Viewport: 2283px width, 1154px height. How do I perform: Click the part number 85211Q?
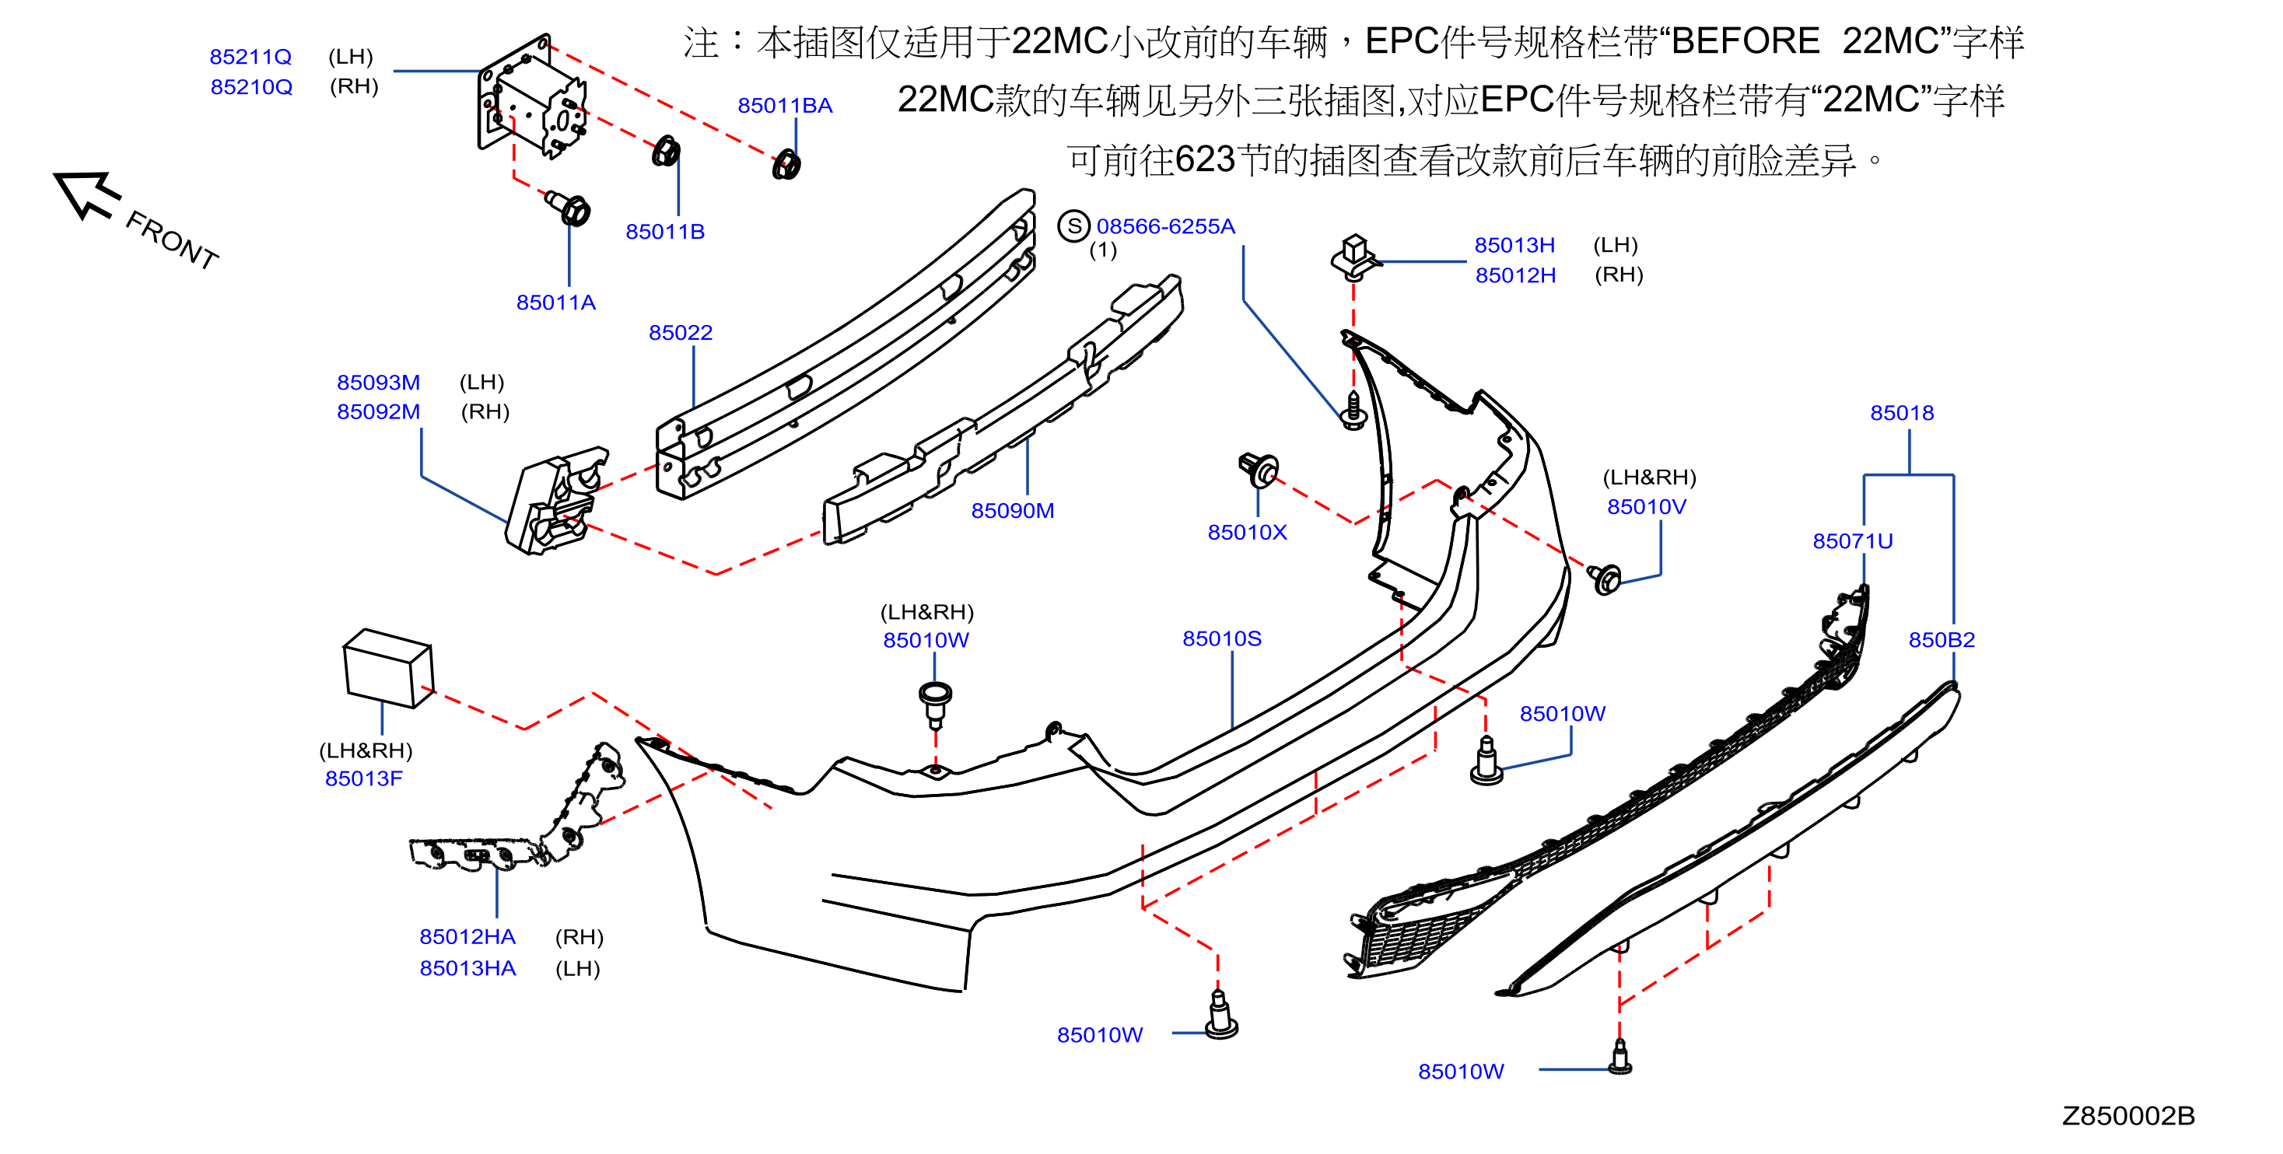[x=250, y=57]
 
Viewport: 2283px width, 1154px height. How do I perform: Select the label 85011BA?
[x=784, y=106]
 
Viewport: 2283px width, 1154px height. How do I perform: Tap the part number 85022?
[x=680, y=332]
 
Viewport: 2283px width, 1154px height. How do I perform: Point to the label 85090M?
[x=1012, y=511]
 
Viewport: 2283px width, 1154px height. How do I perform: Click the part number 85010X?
[x=1246, y=532]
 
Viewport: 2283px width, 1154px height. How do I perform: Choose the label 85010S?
[x=1221, y=638]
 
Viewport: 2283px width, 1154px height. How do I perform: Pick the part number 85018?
[x=1901, y=413]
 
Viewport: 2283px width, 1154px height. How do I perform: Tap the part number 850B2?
[x=1941, y=640]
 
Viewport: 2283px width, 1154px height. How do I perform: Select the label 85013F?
[x=363, y=778]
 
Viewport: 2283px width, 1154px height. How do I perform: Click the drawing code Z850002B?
[x=2128, y=1116]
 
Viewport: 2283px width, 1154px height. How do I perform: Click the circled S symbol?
[x=1073, y=226]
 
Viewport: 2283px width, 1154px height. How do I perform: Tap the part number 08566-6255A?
[x=1164, y=226]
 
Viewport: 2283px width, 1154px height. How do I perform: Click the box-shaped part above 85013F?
[x=388, y=668]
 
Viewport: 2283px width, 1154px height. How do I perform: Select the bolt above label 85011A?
[x=568, y=208]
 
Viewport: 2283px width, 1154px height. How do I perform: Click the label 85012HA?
[x=467, y=937]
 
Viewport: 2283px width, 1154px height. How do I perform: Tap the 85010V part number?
[x=1646, y=507]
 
